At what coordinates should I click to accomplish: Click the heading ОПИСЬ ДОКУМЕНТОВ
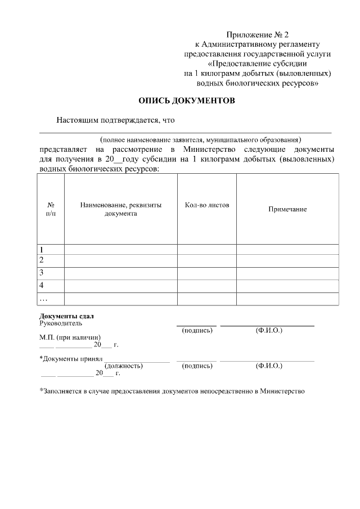tap(187, 101)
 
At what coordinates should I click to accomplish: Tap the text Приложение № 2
tap(258, 35)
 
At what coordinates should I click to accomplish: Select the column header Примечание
tap(287, 209)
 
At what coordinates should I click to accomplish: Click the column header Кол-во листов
tap(206, 205)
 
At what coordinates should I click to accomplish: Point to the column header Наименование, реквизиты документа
tap(120, 209)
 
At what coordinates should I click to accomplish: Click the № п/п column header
tap(51, 209)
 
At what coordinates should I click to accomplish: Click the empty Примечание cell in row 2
tap(287, 261)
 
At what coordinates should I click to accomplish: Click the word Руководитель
tap(61, 323)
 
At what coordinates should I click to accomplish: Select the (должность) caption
tap(123, 366)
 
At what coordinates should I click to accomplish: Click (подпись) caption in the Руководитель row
tap(197, 330)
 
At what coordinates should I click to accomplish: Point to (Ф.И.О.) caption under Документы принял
tap(268, 366)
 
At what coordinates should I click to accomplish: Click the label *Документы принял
tap(70, 358)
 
